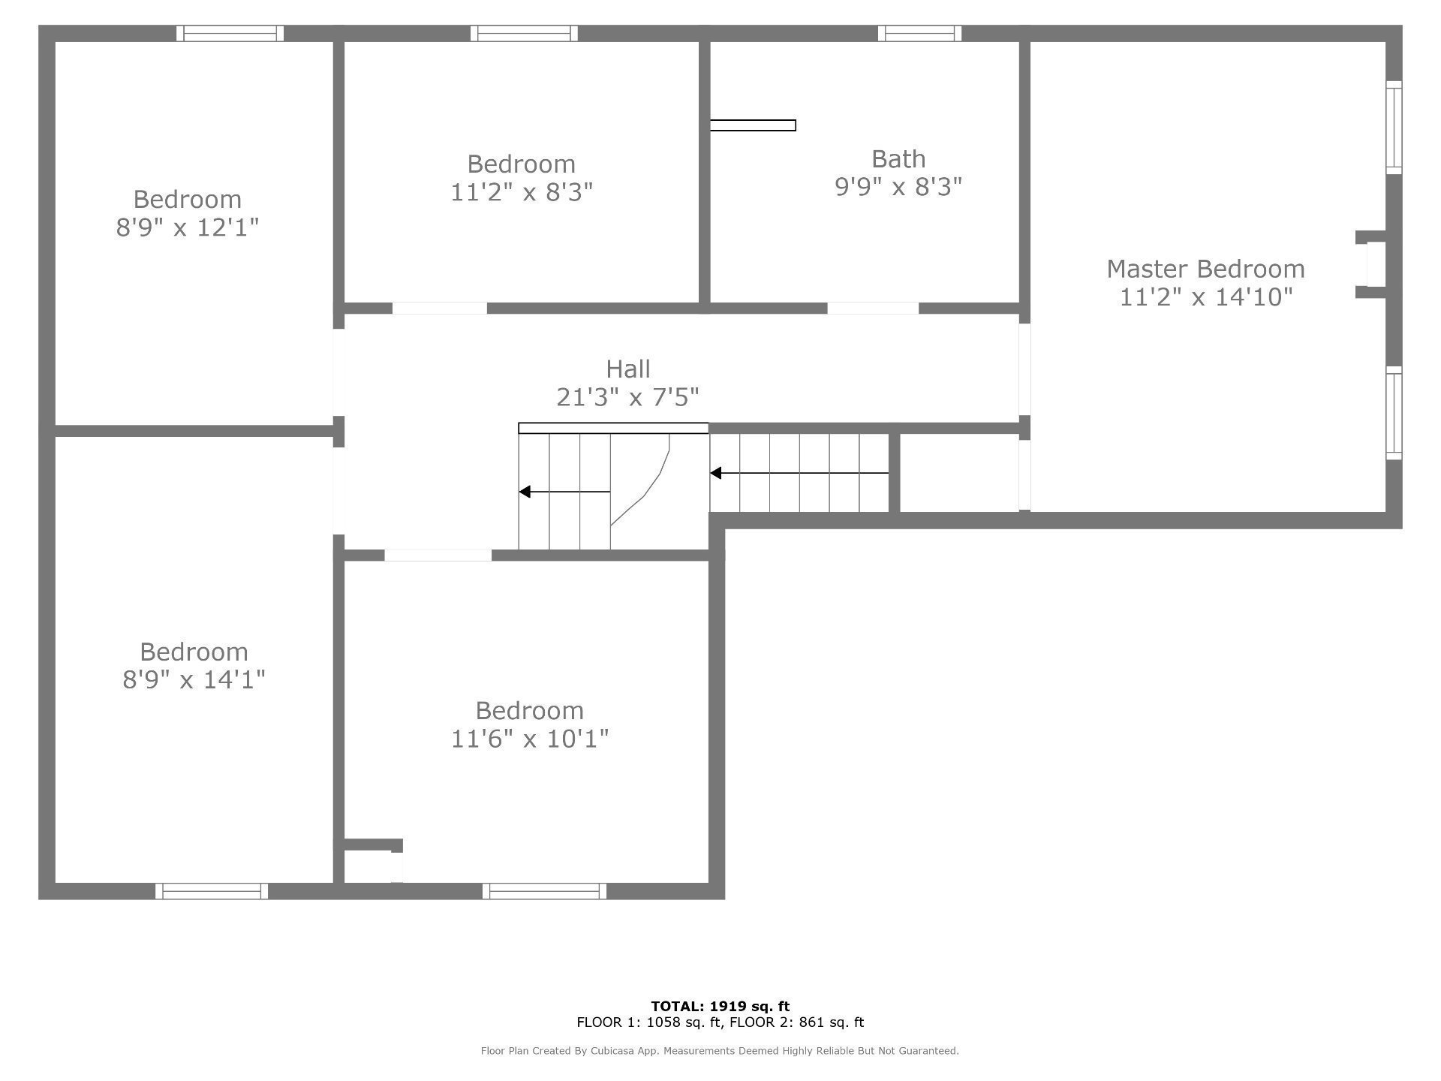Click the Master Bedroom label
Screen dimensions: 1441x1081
[x=1205, y=269]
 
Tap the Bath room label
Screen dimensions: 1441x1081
[x=898, y=159]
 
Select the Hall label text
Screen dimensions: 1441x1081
[x=628, y=369]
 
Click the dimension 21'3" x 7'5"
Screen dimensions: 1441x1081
[x=628, y=396]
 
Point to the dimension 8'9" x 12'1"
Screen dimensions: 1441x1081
[x=187, y=227]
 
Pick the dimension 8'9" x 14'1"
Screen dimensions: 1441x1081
[x=194, y=679]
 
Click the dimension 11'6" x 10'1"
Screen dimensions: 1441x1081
[x=529, y=739]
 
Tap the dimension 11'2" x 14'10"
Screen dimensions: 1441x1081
[x=1206, y=297]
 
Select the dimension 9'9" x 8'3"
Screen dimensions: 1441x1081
[x=898, y=186]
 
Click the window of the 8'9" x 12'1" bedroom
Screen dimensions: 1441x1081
[x=230, y=33]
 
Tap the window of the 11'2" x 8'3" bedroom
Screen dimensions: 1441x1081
[x=524, y=33]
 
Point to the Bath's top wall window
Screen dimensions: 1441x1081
[x=919, y=33]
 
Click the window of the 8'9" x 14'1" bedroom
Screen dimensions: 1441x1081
[x=212, y=891]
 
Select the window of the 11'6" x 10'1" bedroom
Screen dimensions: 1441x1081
[x=544, y=891]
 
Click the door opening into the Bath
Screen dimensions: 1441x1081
[x=873, y=309]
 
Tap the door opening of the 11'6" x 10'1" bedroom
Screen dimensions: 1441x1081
[x=438, y=556]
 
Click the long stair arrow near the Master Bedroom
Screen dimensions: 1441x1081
[x=799, y=473]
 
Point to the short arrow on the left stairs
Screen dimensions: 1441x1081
[x=564, y=492]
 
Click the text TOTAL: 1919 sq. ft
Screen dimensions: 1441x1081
[x=720, y=1006]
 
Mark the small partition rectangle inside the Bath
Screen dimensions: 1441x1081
[x=753, y=125]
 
